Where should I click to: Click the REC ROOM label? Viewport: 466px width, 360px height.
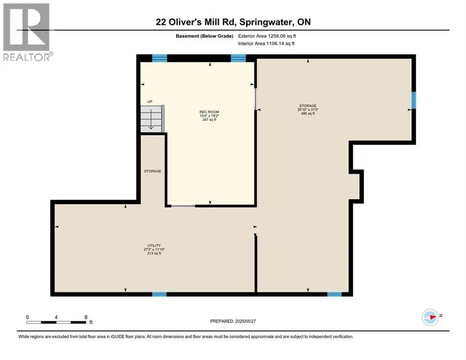point(209,112)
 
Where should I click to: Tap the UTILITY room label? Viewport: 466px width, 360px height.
point(154,246)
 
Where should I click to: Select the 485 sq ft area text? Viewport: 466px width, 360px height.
point(308,113)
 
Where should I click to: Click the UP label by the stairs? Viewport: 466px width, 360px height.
point(150,101)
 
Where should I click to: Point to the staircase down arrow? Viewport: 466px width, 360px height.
point(151,119)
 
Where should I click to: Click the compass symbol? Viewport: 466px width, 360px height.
point(430,317)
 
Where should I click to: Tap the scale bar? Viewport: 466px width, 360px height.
point(56,322)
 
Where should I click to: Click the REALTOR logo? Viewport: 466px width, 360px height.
point(26,32)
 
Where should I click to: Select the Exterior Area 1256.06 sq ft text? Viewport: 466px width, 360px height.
point(267,36)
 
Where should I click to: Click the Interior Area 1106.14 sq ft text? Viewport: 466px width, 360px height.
point(266,44)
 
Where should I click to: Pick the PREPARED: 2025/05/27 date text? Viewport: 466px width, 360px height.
point(233,321)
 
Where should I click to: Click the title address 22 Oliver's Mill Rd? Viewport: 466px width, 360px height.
point(196,22)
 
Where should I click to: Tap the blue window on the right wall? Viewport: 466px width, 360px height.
point(414,100)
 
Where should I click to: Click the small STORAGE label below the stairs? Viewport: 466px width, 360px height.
point(153,171)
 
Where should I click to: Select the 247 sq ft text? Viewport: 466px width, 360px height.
point(209,120)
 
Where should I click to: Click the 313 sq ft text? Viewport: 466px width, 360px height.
point(154,253)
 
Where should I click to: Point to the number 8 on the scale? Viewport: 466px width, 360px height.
point(86,317)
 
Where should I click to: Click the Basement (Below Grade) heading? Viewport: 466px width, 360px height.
point(205,36)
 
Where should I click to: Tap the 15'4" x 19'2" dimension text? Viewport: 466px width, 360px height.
point(209,116)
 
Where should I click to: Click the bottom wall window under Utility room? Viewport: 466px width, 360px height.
point(159,294)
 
